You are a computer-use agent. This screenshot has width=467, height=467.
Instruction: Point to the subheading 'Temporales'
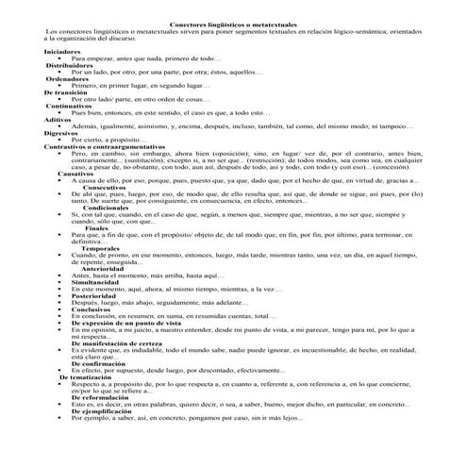[94, 247]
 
